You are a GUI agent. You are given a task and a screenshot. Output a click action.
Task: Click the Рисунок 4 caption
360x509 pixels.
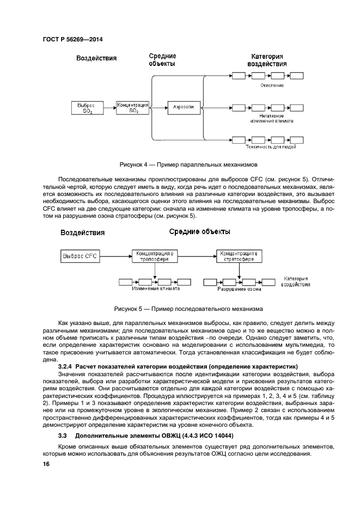coord(188,164)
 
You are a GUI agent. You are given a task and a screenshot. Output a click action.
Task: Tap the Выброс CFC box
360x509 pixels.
coord(80,255)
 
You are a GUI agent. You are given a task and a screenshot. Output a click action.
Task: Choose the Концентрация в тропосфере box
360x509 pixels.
coord(155,255)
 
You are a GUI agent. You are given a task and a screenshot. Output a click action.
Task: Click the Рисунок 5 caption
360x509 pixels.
coord(188,308)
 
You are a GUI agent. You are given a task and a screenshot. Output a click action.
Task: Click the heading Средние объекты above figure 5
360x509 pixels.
coord(199,232)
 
